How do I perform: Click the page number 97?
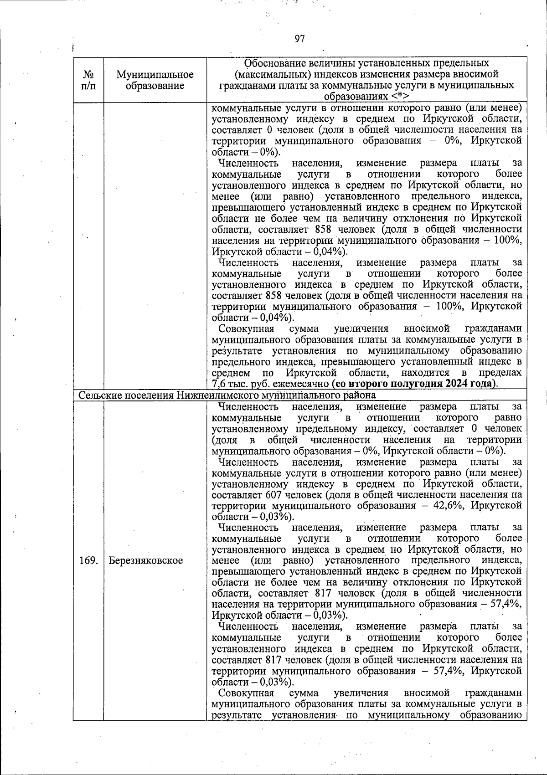pyautogui.click(x=299, y=39)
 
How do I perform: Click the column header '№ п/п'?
pyautogui.click(x=88, y=80)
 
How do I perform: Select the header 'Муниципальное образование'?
pyautogui.click(x=155, y=80)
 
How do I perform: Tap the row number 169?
pyautogui.click(x=88, y=560)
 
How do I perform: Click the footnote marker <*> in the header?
pyautogui.click(x=399, y=97)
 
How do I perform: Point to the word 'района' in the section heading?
pyautogui.click(x=361, y=395)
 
